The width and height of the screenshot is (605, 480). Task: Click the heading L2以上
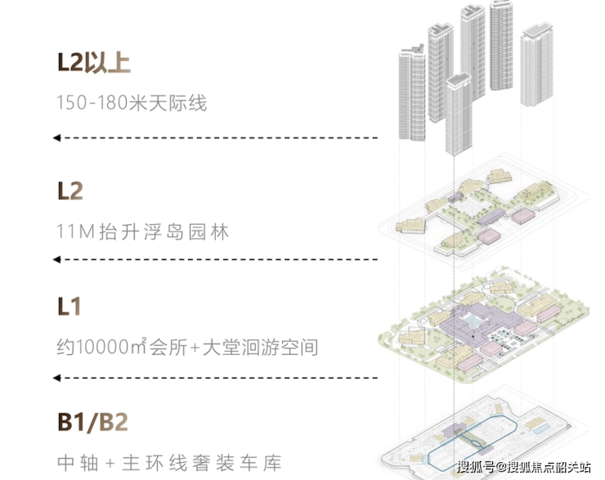point(94,63)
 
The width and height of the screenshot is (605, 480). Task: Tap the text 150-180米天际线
point(132,103)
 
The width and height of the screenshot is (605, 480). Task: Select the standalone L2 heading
point(70,191)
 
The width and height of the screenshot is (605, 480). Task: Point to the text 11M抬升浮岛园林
point(143,231)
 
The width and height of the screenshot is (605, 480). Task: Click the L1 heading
point(69,307)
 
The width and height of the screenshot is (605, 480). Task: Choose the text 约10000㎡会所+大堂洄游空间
point(187,347)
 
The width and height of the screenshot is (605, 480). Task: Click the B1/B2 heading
point(92,422)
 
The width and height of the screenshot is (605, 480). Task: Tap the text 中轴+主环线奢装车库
point(169,463)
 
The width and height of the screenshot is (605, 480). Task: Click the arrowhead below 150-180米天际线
point(56,137)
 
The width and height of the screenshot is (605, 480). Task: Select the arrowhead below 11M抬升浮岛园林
point(56,259)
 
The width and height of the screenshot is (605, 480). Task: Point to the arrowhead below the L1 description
point(56,378)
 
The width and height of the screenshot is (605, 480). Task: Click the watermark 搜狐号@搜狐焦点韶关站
point(524,467)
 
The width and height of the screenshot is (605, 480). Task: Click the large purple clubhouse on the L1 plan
point(478,324)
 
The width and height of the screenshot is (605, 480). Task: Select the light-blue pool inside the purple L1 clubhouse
point(471,321)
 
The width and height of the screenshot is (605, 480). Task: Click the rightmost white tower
point(536,65)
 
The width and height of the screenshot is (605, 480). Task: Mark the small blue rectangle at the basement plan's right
point(541,428)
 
